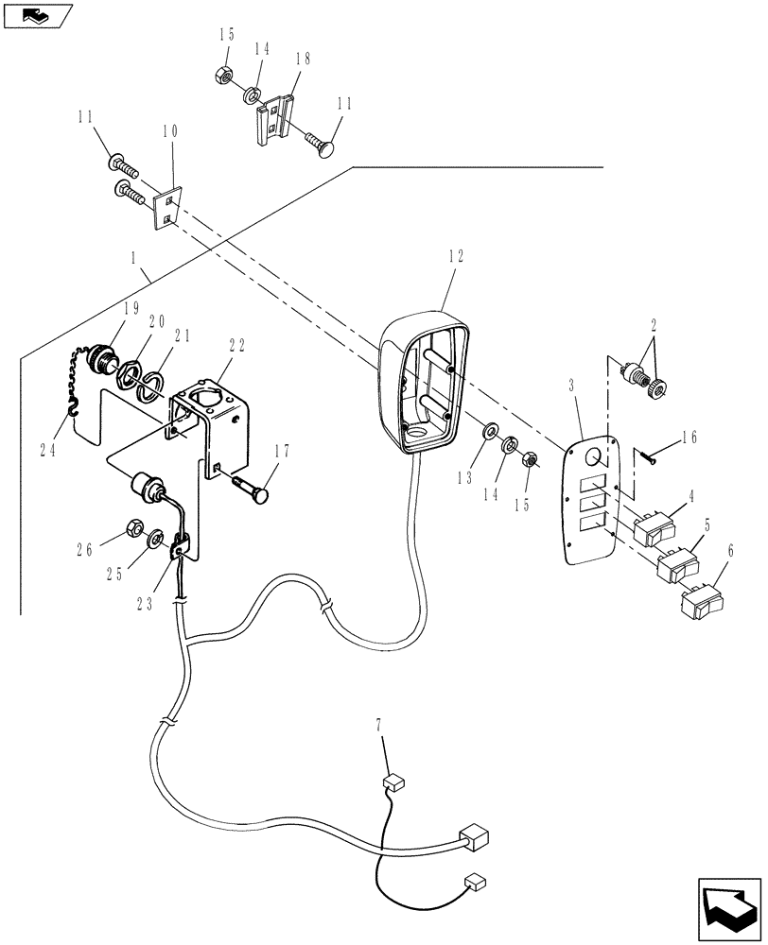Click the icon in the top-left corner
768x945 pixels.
click(37, 13)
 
